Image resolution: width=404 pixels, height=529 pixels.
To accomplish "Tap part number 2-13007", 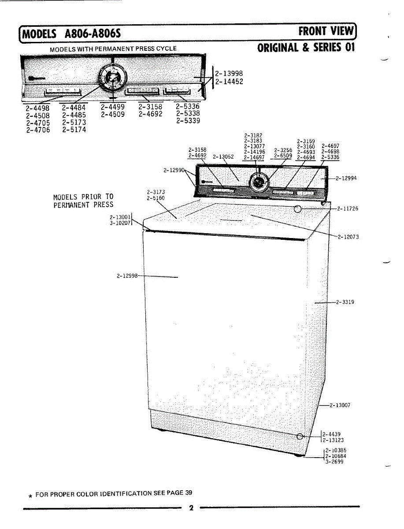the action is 340,405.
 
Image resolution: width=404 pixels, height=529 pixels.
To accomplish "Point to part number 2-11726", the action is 348,209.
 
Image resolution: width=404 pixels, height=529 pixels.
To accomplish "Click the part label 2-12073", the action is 348,237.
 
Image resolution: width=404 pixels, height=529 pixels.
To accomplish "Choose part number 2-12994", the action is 346,179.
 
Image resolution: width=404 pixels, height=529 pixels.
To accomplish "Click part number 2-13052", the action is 223,156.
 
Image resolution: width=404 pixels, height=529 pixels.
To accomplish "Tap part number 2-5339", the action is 188,121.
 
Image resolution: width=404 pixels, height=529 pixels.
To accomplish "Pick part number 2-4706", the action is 38,130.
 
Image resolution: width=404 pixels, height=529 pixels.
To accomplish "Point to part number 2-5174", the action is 74,130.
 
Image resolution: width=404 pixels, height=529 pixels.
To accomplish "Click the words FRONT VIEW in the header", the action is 326,31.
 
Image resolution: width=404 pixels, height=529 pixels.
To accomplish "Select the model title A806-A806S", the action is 93,34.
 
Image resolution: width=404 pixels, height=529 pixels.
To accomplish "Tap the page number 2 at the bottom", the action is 191,508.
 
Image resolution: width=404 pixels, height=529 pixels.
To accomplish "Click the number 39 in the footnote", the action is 189,492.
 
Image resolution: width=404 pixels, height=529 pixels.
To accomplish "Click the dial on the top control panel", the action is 113,78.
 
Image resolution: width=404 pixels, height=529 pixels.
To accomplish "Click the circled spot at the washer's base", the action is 300,436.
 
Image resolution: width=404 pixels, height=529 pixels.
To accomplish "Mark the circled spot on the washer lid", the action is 298,209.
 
